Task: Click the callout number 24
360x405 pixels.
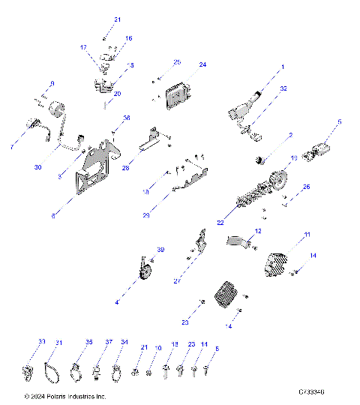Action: pos(202,65)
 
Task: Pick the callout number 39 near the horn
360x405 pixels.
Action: pos(160,250)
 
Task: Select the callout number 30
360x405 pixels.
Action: pos(37,167)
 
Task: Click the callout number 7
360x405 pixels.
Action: pos(12,146)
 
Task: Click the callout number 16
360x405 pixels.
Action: pos(128,37)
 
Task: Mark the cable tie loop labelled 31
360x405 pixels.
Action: pos(52,370)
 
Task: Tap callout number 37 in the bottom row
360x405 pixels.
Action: pos(109,342)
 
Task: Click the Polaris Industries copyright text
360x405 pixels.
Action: pos(65,396)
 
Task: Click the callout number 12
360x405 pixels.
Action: pos(258,231)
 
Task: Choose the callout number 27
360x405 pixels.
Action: pos(176,281)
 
